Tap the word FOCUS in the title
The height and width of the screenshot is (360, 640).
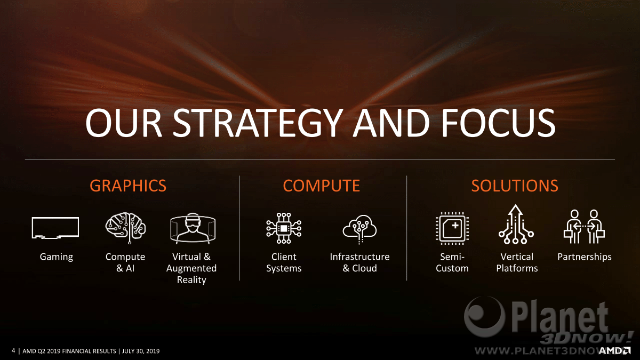(498, 123)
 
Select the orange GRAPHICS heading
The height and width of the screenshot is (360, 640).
(128, 186)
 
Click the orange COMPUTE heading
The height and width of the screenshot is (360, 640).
(322, 186)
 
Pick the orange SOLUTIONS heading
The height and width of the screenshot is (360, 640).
(515, 186)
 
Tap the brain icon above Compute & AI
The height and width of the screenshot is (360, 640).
(125, 228)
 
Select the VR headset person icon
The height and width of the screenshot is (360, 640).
(193, 228)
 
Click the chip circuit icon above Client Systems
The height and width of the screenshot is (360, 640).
(284, 228)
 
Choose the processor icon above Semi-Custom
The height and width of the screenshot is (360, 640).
(452, 228)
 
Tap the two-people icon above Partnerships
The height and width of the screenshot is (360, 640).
(585, 227)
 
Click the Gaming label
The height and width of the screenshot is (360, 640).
(57, 257)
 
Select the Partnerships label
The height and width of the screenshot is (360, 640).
(585, 257)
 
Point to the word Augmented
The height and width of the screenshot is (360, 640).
(191, 268)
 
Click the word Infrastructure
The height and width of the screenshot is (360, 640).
(359, 257)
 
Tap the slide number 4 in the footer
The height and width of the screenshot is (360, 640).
(13, 350)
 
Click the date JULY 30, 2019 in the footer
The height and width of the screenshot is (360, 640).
(141, 351)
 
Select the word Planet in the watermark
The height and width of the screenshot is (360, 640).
(559, 318)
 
